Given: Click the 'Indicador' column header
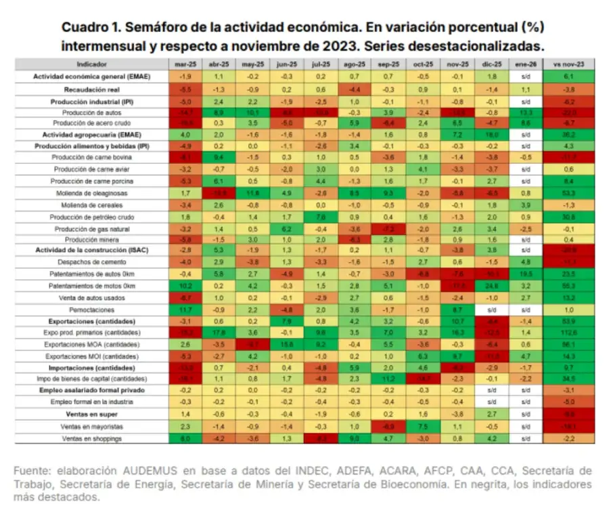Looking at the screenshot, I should (x=91, y=64).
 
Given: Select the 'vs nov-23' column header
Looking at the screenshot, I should (x=564, y=64).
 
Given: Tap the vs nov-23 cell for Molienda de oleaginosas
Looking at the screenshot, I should (x=564, y=193).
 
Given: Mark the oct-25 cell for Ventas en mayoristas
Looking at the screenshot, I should (x=422, y=427).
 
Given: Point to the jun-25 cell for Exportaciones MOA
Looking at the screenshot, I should (x=285, y=344).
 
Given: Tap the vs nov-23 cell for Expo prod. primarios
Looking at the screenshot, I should (x=564, y=333).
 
